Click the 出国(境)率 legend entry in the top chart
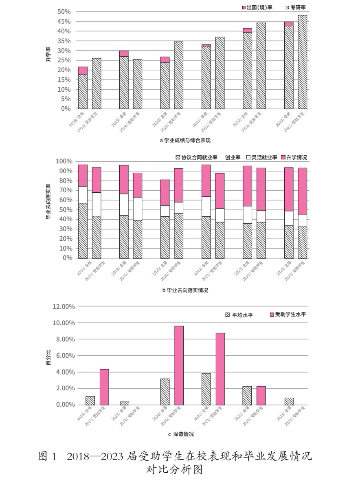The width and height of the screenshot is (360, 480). tap(257, 7)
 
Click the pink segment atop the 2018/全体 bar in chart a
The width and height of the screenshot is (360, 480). tap(83, 70)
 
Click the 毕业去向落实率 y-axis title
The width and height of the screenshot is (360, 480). tap(48, 202)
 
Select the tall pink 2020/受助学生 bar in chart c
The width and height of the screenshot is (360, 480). tap(179, 365)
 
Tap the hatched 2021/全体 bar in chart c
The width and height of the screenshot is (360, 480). tap(206, 389)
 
